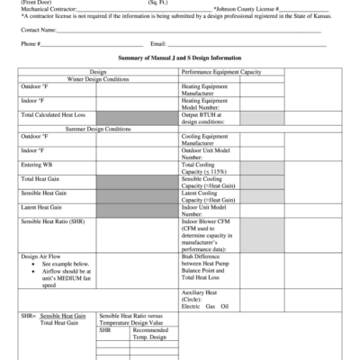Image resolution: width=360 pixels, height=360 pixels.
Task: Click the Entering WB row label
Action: [37, 166]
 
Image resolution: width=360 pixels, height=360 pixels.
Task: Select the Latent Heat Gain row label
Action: [41, 208]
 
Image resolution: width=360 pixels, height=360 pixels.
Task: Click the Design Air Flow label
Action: [42, 256]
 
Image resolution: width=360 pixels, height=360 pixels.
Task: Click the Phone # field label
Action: [29, 43]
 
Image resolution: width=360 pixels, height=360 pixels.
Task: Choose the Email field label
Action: [158, 43]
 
